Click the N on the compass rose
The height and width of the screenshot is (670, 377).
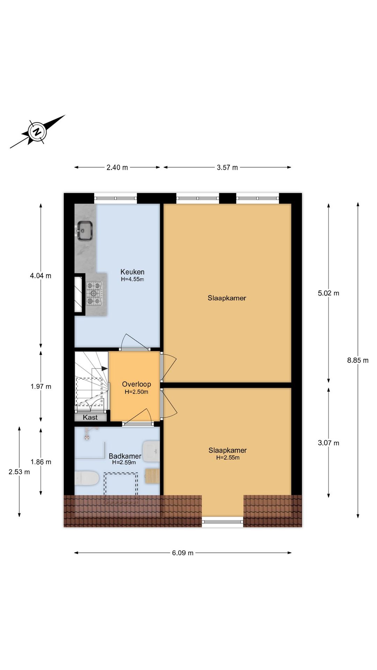pyautogui.click(x=37, y=132)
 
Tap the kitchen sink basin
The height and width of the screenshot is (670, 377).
pyautogui.click(x=84, y=231)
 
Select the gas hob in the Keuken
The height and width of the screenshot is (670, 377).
pyautogui.click(x=95, y=293)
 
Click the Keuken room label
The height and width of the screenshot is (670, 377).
pyautogui.click(x=132, y=272)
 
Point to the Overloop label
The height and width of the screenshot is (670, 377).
pyautogui.click(x=136, y=384)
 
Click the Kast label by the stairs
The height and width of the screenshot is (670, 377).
pyautogui.click(x=90, y=417)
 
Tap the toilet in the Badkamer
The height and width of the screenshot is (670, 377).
pyautogui.click(x=86, y=478)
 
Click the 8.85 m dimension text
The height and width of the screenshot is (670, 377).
pyautogui.click(x=358, y=360)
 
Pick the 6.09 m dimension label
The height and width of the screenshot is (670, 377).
pyautogui.click(x=183, y=553)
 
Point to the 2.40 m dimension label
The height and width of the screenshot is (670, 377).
pyautogui.click(x=117, y=167)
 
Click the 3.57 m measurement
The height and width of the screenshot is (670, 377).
pyautogui.click(x=227, y=167)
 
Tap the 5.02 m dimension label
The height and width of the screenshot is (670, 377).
pyautogui.click(x=328, y=293)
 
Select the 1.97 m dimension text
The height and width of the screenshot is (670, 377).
pyautogui.click(x=41, y=386)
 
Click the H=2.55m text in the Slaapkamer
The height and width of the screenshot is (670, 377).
pyautogui.click(x=228, y=457)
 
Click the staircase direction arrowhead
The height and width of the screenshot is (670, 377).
pyautogui.click(x=104, y=368)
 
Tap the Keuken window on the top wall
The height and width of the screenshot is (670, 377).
pyautogui.click(x=116, y=199)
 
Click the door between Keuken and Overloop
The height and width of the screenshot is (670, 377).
pyautogui.click(x=134, y=349)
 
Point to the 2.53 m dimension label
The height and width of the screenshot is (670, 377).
pyautogui.click(x=19, y=472)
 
